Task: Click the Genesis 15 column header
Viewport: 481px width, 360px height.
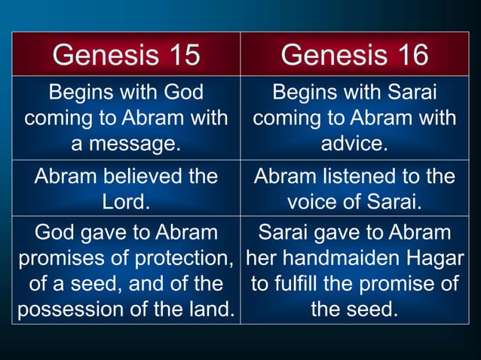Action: [x=126, y=54]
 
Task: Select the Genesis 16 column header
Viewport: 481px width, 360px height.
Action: [x=354, y=54]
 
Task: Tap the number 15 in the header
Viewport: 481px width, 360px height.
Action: [x=181, y=54]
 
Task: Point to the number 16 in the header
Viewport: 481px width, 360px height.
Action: [x=409, y=54]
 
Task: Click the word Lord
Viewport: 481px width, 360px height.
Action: [x=126, y=202]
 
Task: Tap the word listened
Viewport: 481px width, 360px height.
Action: [x=359, y=177]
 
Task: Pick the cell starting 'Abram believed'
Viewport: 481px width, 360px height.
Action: [x=126, y=189]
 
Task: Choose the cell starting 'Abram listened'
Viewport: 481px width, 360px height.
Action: [x=354, y=189]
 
